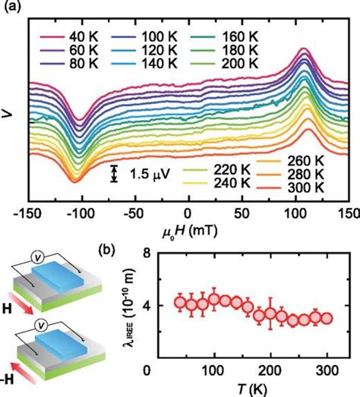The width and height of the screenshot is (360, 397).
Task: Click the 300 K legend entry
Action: pyautogui.click(x=308, y=187)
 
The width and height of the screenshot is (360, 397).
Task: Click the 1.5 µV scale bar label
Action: pyautogui.click(x=145, y=175)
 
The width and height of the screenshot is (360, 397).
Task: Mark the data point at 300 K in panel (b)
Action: pyautogui.click(x=325, y=319)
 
